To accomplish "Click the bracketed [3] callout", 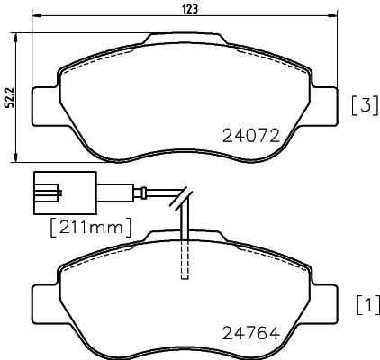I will tap(362, 106).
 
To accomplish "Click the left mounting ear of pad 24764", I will tap(42, 300).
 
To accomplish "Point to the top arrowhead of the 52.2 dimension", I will tap(19, 36).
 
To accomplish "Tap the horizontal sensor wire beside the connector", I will tap(117, 191).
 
